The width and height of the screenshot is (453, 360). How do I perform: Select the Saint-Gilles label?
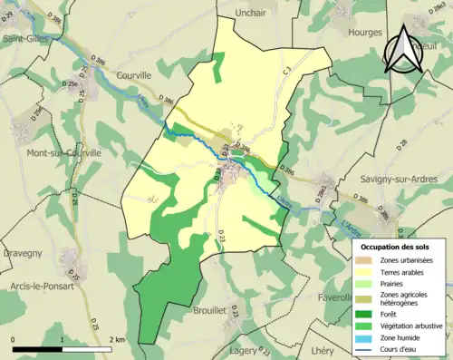click(x=24, y=39)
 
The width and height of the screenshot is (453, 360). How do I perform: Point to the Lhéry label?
click(x=323, y=350)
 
